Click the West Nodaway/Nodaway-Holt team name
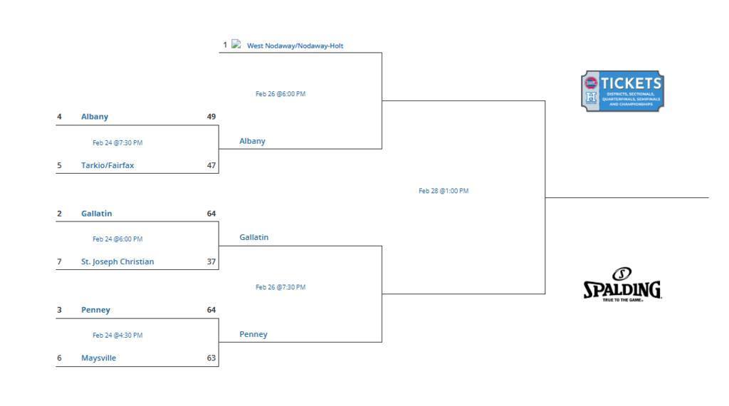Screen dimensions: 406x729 [x=295, y=46]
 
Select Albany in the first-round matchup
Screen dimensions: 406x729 [x=95, y=117]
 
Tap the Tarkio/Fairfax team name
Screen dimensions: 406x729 [x=107, y=165]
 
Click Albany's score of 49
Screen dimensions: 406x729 [x=211, y=117]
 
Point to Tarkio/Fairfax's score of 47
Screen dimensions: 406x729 [x=211, y=165]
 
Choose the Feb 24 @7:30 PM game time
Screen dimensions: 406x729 [x=117, y=142]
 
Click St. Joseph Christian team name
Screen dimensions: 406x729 [x=117, y=261]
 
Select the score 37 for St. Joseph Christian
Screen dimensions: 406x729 [x=211, y=261]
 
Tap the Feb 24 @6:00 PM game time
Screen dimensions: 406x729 [x=117, y=239]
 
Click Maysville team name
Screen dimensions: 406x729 [x=98, y=358]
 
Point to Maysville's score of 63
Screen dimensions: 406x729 [x=211, y=358]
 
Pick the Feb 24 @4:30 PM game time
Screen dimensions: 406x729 [x=117, y=335]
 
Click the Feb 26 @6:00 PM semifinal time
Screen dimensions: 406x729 [x=280, y=94]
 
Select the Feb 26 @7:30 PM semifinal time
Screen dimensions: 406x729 [x=280, y=288]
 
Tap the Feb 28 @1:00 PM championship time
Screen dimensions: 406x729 [x=444, y=191]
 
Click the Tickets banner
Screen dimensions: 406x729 [x=622, y=91]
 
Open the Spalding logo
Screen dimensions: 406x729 [x=622, y=285]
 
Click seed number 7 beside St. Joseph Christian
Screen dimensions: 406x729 [x=59, y=261]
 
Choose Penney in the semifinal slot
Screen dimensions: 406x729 [x=253, y=334]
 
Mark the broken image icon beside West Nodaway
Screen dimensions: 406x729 [x=236, y=44]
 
